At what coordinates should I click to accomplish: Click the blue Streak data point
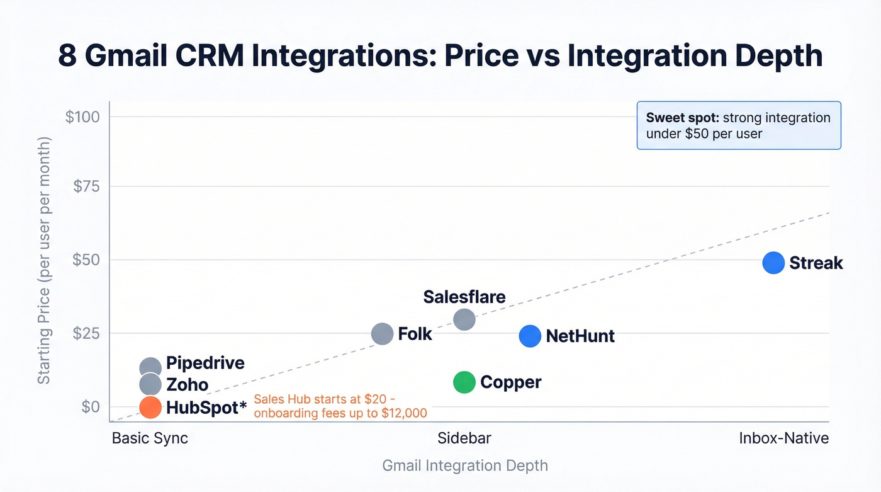(773, 263)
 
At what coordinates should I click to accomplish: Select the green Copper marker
(464, 382)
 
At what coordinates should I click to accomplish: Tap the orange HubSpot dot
(150, 407)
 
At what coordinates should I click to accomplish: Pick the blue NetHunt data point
(530, 336)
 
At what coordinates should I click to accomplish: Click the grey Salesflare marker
(464, 319)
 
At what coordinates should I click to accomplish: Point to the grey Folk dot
(382, 334)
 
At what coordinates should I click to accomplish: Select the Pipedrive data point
(150, 368)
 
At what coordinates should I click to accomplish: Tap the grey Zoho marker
(150, 384)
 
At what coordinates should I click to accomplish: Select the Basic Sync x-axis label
(150, 438)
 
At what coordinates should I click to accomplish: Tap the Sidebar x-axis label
(464, 438)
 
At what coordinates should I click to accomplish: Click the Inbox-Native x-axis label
(783, 438)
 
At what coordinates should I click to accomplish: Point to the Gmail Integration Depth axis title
(465, 466)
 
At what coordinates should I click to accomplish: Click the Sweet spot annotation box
(738, 125)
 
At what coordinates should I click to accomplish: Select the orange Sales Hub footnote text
(340, 406)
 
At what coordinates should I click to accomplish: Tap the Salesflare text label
(464, 297)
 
